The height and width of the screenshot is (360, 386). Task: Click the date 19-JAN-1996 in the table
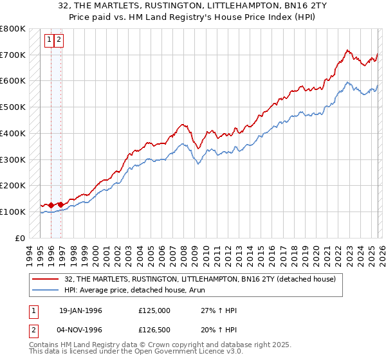pos(80,310)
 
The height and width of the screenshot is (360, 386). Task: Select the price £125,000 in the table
pos(154,310)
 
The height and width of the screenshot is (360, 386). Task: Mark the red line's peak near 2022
pos(347,50)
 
